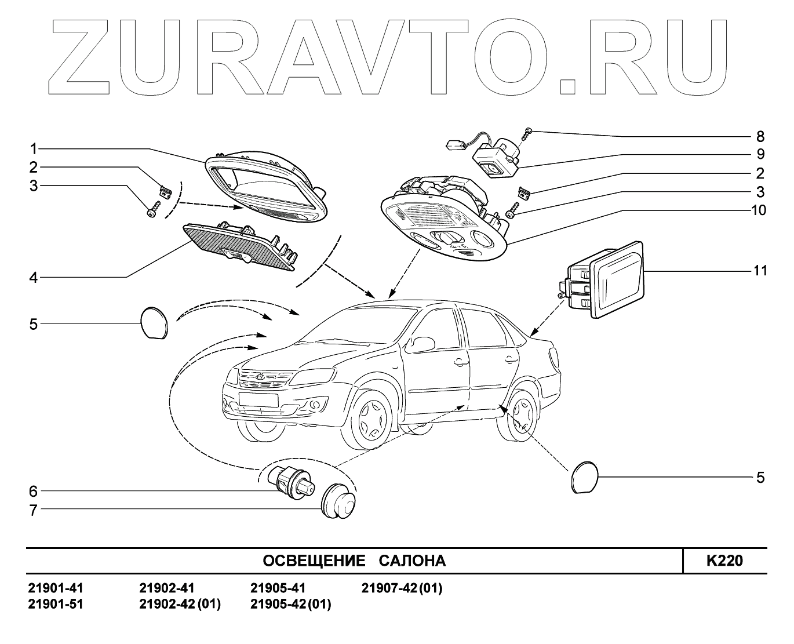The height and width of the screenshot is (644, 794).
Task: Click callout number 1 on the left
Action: click(34, 148)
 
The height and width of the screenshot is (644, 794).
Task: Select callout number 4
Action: click(34, 278)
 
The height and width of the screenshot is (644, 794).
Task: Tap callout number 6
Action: click(34, 492)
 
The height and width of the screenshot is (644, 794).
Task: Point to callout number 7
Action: click(34, 511)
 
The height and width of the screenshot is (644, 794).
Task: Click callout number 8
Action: click(760, 137)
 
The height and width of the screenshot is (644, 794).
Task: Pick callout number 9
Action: click(760, 155)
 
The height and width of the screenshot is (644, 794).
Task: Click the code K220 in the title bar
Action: click(724, 561)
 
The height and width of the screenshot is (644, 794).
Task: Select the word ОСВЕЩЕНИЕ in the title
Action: click(314, 561)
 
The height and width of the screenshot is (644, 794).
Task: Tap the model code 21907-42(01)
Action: click(402, 588)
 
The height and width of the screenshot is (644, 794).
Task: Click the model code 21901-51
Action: click(56, 604)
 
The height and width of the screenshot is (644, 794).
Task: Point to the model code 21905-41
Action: click(278, 588)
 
